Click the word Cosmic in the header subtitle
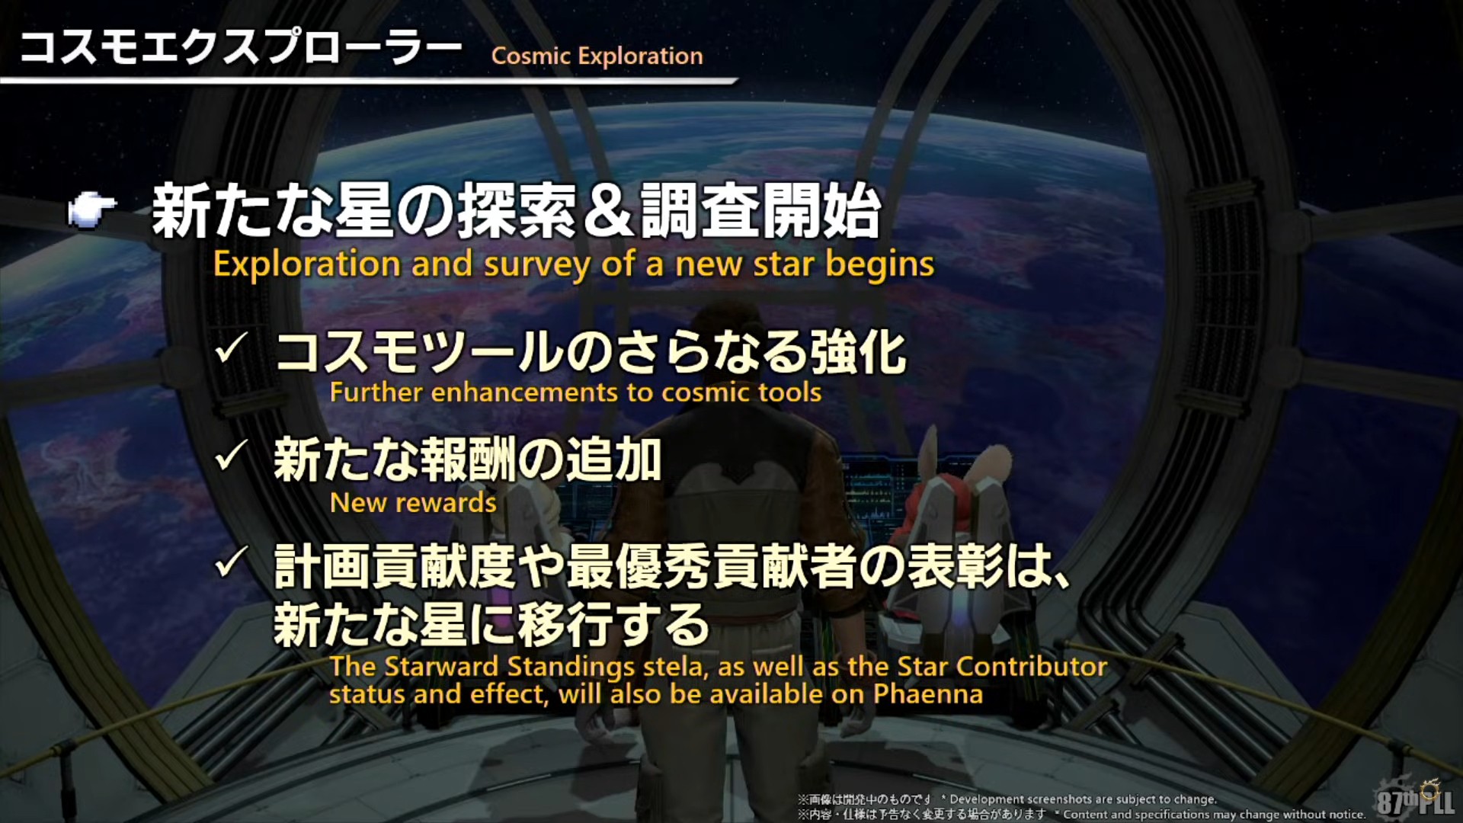point(531,56)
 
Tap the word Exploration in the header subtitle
point(640,56)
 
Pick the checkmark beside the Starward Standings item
point(231,563)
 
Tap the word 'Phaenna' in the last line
point(928,694)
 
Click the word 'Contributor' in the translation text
point(1032,667)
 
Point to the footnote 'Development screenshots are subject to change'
point(1083,799)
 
